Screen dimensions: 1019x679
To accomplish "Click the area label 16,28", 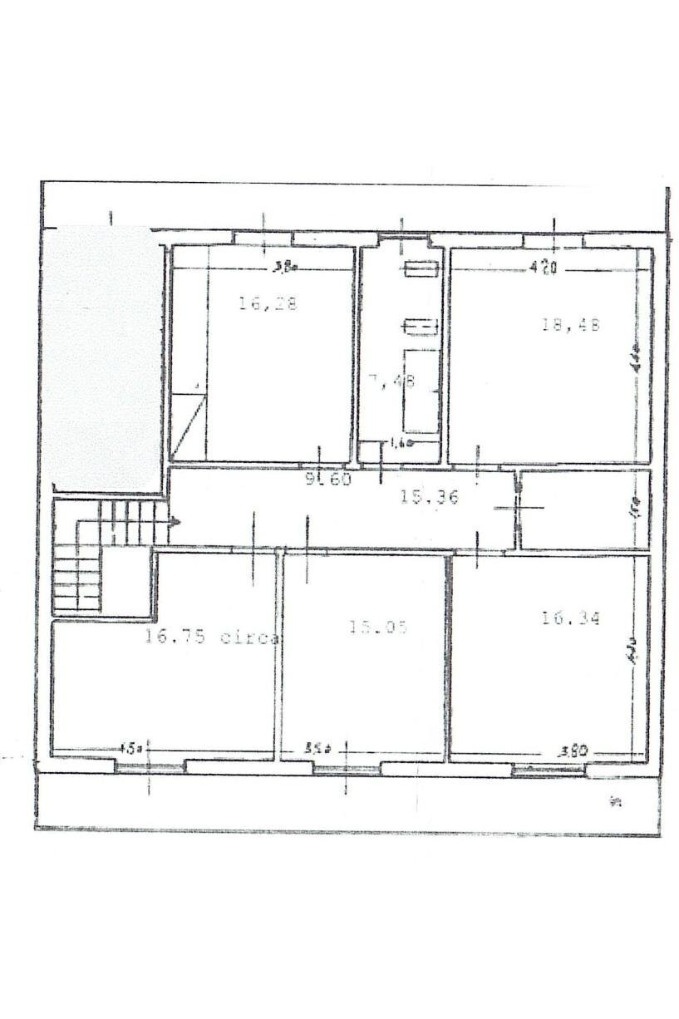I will click(268, 304).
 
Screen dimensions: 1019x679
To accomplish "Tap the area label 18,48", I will click(570, 325).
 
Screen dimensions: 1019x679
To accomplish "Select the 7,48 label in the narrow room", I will click(392, 382).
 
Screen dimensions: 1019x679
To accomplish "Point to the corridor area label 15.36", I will click(429, 497).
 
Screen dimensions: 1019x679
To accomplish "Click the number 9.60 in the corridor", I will click(329, 480).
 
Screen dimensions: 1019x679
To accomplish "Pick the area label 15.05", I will click(378, 628).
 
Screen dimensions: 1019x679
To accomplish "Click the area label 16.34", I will click(570, 618).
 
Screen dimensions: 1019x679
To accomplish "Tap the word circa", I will click(249, 638).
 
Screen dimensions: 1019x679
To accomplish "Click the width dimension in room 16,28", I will click(286, 267).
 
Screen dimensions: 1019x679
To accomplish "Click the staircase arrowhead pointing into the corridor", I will click(175, 522).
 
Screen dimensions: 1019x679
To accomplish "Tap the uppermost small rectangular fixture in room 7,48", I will click(421, 268).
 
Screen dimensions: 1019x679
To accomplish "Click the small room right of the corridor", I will click(584, 510).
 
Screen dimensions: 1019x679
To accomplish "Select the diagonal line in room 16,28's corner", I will click(187, 424).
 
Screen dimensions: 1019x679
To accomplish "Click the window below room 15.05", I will click(347, 769).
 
